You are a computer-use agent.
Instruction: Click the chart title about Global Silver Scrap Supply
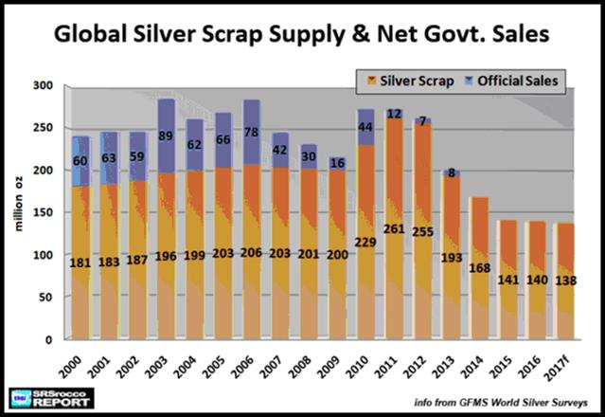click(302, 35)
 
